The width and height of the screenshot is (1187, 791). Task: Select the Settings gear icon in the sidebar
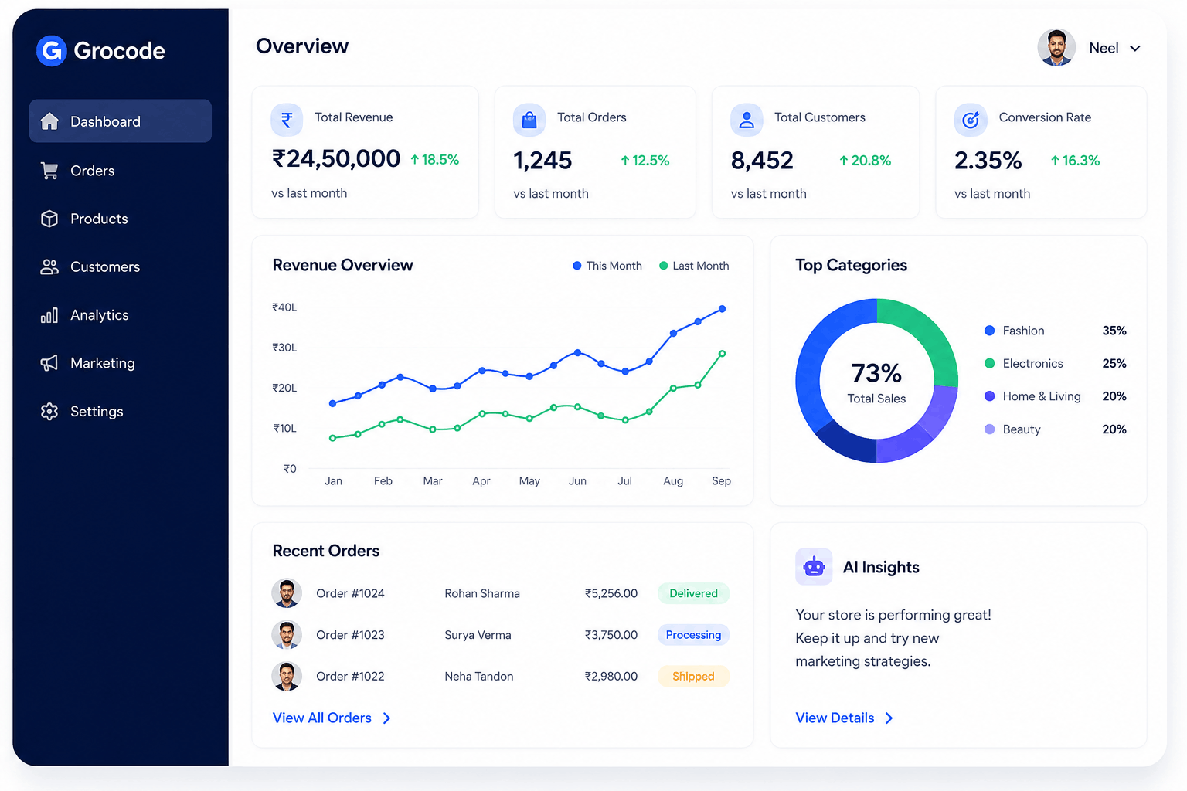(49, 412)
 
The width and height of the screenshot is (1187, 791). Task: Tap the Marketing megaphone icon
(49, 363)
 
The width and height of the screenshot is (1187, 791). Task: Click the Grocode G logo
(52, 51)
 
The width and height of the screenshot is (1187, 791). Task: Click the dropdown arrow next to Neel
(1135, 49)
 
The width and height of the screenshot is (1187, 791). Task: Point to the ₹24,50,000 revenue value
(336, 159)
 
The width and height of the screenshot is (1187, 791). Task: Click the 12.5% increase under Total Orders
(645, 161)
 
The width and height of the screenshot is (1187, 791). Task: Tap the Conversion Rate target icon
(971, 121)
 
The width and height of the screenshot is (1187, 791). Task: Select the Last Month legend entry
(694, 266)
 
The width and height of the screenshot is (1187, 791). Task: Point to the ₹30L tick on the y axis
(284, 348)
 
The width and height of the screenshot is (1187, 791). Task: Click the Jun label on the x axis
(577, 481)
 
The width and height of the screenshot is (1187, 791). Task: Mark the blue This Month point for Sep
(723, 309)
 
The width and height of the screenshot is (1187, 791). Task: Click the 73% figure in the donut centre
(876, 374)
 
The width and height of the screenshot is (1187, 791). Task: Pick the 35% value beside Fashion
(1114, 331)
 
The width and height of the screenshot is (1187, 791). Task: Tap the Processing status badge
(694, 635)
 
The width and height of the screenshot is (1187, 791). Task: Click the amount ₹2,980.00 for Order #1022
(611, 677)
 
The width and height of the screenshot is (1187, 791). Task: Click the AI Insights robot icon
(814, 567)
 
